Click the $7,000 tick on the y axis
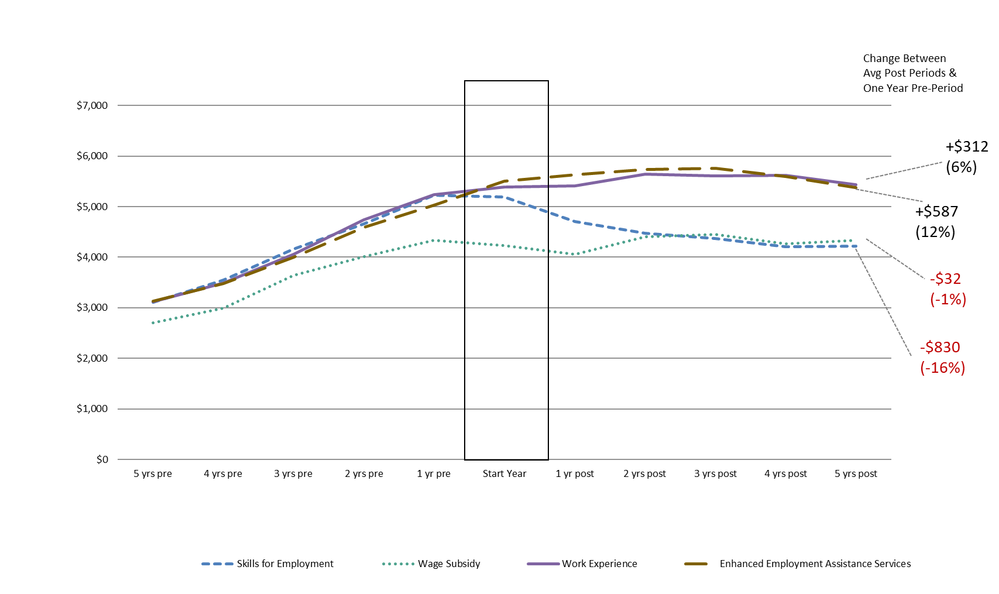[x=92, y=105]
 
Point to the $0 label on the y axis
[x=102, y=459]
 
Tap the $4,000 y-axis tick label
[x=92, y=257]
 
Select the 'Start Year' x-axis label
[x=504, y=473]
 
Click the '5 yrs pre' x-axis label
[x=152, y=473]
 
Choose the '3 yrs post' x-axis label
[x=715, y=473]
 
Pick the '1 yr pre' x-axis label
[x=434, y=473]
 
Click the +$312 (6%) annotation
[x=966, y=157]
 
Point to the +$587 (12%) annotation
[x=936, y=222]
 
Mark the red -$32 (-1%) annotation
[x=947, y=289]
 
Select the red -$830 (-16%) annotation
[x=942, y=357]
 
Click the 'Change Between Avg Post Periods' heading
[x=912, y=73]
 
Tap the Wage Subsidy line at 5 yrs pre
[x=153, y=322]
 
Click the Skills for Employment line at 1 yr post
[x=575, y=222]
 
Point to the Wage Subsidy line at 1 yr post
[x=575, y=254]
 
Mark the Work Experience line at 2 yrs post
[x=645, y=174]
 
